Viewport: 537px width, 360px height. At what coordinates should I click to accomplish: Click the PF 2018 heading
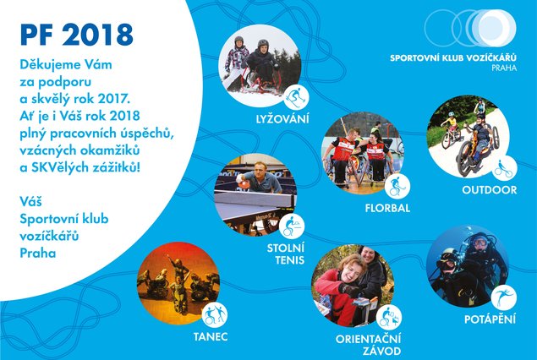tap(76, 35)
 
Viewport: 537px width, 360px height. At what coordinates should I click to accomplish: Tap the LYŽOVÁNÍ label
tap(282, 119)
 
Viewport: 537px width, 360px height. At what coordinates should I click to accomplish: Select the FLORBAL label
tap(387, 208)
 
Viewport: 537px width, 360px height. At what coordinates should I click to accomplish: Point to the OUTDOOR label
tap(489, 190)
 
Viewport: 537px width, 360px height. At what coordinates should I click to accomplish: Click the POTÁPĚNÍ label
tap(490, 319)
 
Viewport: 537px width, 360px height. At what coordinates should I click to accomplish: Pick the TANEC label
tap(211, 336)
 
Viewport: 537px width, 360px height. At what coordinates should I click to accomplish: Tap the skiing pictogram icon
tap(296, 97)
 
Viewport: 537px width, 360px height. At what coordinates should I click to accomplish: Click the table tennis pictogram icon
tap(292, 226)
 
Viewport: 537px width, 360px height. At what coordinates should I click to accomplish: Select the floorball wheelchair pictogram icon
tap(397, 187)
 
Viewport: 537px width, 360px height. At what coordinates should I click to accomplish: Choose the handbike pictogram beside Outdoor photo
tap(505, 168)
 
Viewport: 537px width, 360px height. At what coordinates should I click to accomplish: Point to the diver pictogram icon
tap(504, 297)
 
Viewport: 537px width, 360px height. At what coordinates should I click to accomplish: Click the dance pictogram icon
tap(215, 315)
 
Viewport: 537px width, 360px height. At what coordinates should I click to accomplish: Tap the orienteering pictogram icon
tap(389, 317)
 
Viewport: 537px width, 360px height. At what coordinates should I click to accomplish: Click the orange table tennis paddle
tap(244, 183)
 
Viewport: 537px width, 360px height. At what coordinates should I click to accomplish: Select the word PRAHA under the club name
tap(504, 68)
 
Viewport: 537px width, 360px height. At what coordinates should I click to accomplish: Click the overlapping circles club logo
tap(470, 28)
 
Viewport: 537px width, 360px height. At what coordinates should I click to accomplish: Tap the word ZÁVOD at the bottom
tap(381, 351)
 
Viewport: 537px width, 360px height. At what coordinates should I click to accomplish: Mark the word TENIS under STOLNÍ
tap(289, 260)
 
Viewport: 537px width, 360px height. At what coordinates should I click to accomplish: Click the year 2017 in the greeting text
tap(113, 99)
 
